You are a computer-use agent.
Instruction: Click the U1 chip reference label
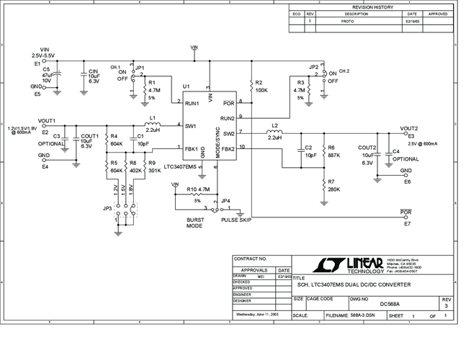click(186, 86)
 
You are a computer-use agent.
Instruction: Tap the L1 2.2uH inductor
click(153, 125)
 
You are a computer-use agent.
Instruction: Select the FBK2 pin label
click(228, 148)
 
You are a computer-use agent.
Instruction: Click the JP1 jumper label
click(140, 66)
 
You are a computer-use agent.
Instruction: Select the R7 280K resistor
click(323, 185)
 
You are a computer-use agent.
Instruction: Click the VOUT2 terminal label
click(408, 127)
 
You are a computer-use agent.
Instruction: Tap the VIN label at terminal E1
click(42, 48)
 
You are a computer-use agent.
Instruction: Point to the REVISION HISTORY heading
click(372, 6)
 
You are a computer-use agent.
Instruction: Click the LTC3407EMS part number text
click(180, 166)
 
